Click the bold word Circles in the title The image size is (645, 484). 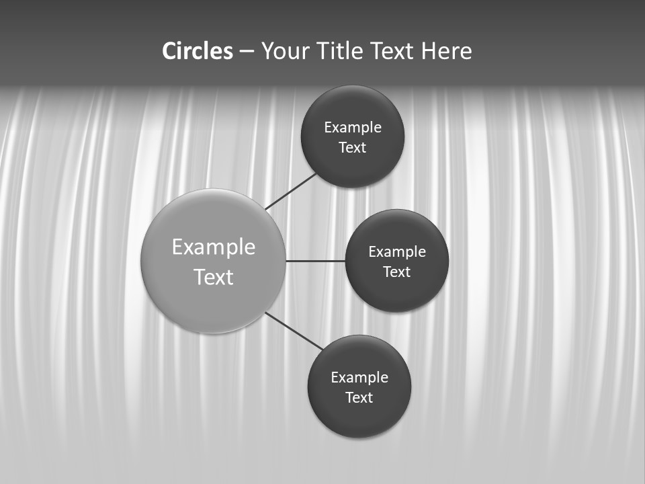pyautogui.click(x=198, y=51)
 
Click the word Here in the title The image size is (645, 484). pyautogui.click(x=446, y=51)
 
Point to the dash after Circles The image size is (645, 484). pyautogui.click(x=247, y=52)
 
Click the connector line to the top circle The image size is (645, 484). pyautogui.click(x=292, y=191)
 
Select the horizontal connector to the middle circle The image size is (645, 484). pyautogui.click(x=316, y=261)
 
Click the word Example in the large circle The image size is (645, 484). pyautogui.click(x=214, y=247)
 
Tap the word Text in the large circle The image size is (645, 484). pyautogui.click(x=214, y=277)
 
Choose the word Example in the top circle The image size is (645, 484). pyautogui.click(x=353, y=128)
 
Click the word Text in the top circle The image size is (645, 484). pyautogui.click(x=353, y=147)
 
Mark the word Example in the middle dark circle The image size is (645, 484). pyautogui.click(x=397, y=252)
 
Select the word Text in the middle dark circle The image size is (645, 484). pyautogui.click(x=397, y=272)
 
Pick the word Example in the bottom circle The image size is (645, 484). pyautogui.click(x=359, y=378)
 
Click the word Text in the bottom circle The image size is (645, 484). pyautogui.click(x=359, y=397)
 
